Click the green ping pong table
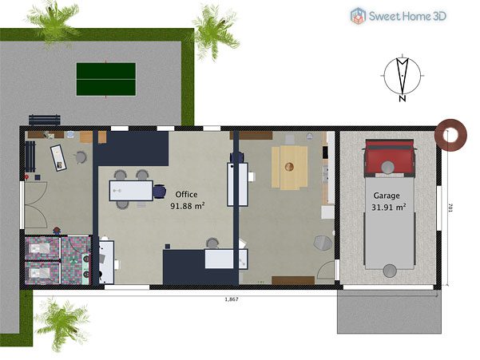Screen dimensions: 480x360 (106, 79)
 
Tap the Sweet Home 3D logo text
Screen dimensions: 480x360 (407, 16)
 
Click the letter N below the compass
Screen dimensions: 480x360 (403, 98)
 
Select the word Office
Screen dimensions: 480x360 (186, 194)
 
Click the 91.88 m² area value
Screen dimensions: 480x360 (188, 206)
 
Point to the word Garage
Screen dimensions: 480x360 (387, 196)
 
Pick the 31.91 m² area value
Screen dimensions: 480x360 (389, 207)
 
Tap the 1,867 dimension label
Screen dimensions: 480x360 (232, 299)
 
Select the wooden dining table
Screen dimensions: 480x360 (289, 168)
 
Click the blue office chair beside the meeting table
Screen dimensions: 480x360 (159, 192)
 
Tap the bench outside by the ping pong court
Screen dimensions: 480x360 (45, 120)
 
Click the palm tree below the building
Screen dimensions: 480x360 (62, 322)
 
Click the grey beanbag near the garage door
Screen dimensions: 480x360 (323, 243)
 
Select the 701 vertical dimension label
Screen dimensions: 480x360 (450, 208)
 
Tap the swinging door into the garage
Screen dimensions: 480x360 (327, 271)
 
